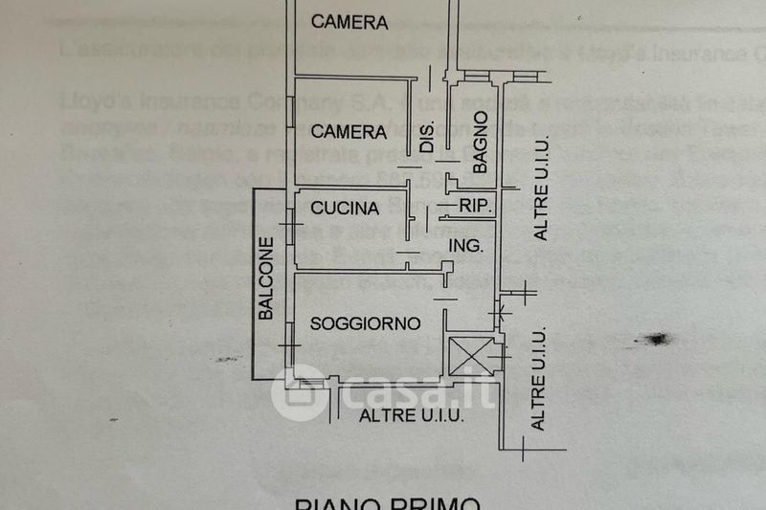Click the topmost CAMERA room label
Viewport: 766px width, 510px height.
point(349,22)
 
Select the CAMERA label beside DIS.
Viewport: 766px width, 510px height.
point(349,132)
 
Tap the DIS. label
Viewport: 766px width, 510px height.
point(428,137)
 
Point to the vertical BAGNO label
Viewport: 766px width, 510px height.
point(480,142)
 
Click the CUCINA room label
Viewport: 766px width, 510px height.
point(345,208)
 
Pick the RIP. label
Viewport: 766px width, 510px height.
point(476,207)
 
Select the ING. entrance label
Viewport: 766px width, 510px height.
point(466,246)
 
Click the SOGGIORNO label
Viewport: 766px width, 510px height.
point(366,323)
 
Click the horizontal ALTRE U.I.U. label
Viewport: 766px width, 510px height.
point(412,415)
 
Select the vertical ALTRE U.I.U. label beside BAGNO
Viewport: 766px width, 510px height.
point(541,201)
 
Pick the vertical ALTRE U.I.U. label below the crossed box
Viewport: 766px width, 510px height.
point(538,377)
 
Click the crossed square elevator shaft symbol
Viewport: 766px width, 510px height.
point(471,355)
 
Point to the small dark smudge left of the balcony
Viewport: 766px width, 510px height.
point(228,359)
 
